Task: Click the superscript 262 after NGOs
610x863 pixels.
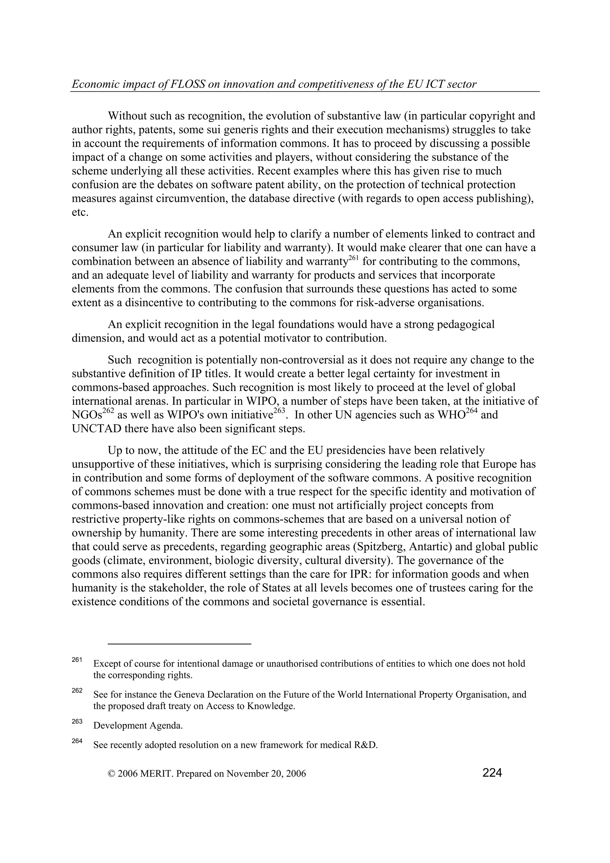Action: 108,412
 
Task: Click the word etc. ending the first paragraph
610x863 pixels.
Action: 80,212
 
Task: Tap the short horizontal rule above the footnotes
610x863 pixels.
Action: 179,644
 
